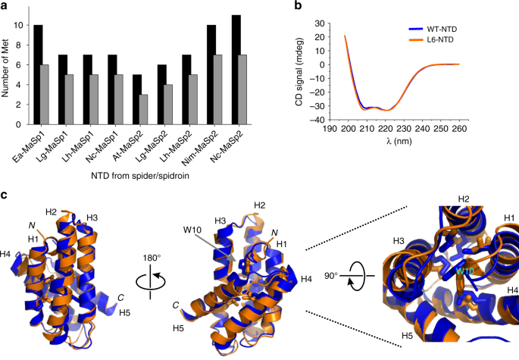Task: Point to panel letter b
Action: coord(297,6)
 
